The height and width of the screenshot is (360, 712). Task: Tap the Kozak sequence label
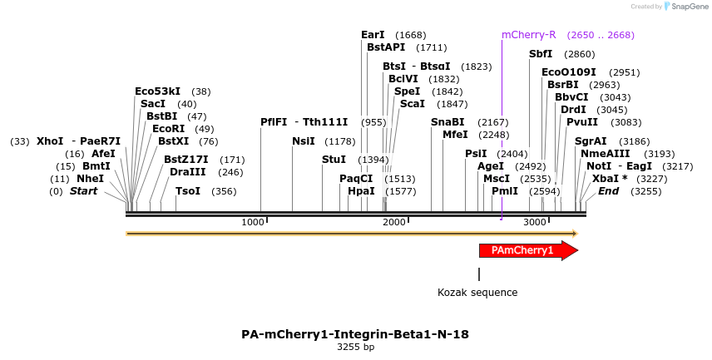click(x=477, y=293)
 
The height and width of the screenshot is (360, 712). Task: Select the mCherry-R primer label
click(x=528, y=35)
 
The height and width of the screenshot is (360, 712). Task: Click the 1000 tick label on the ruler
click(x=252, y=222)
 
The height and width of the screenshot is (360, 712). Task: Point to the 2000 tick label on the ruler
click(x=393, y=222)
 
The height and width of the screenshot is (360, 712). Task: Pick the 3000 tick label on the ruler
click(x=535, y=222)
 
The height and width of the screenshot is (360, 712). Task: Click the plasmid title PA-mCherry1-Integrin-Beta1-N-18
click(x=355, y=335)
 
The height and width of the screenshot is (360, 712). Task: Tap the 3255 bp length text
click(x=355, y=348)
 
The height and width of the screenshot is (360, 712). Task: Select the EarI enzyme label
click(x=373, y=35)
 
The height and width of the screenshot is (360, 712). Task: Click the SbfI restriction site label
click(x=541, y=54)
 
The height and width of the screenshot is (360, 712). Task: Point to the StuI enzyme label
click(x=334, y=160)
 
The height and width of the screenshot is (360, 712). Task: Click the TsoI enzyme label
click(x=188, y=191)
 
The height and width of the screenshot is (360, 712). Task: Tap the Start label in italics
click(x=83, y=191)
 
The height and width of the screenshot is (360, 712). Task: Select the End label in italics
click(x=608, y=191)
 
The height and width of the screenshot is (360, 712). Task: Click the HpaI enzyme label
click(x=361, y=191)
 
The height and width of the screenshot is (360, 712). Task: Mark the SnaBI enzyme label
click(x=447, y=122)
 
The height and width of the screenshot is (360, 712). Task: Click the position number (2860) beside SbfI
click(x=580, y=54)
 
